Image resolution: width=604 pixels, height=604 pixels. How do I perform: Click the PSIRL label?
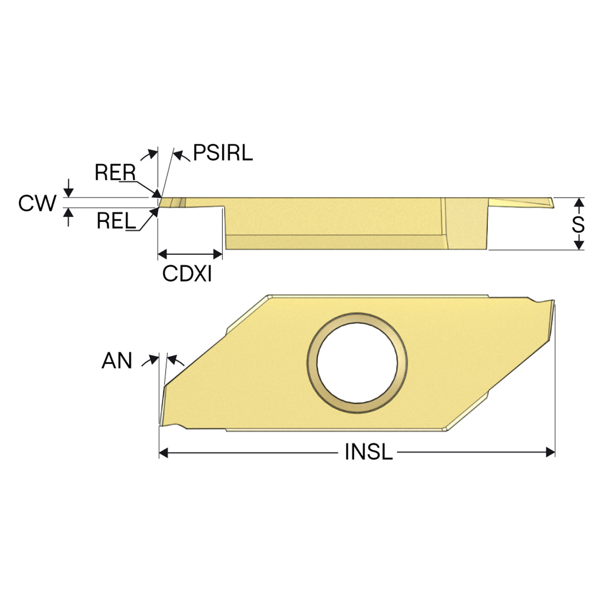[223, 153]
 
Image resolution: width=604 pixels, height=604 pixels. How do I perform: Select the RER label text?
[115, 172]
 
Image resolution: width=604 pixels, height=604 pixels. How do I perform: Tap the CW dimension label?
[37, 203]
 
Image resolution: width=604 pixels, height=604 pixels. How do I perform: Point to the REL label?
[116, 220]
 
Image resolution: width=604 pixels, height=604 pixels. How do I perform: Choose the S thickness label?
[579, 225]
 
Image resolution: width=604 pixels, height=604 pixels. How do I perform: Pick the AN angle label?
[117, 361]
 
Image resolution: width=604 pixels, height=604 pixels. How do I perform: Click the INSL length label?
[368, 452]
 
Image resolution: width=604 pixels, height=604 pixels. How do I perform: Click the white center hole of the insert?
[357, 363]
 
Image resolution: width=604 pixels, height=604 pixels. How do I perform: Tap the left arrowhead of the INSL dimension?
[164, 453]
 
